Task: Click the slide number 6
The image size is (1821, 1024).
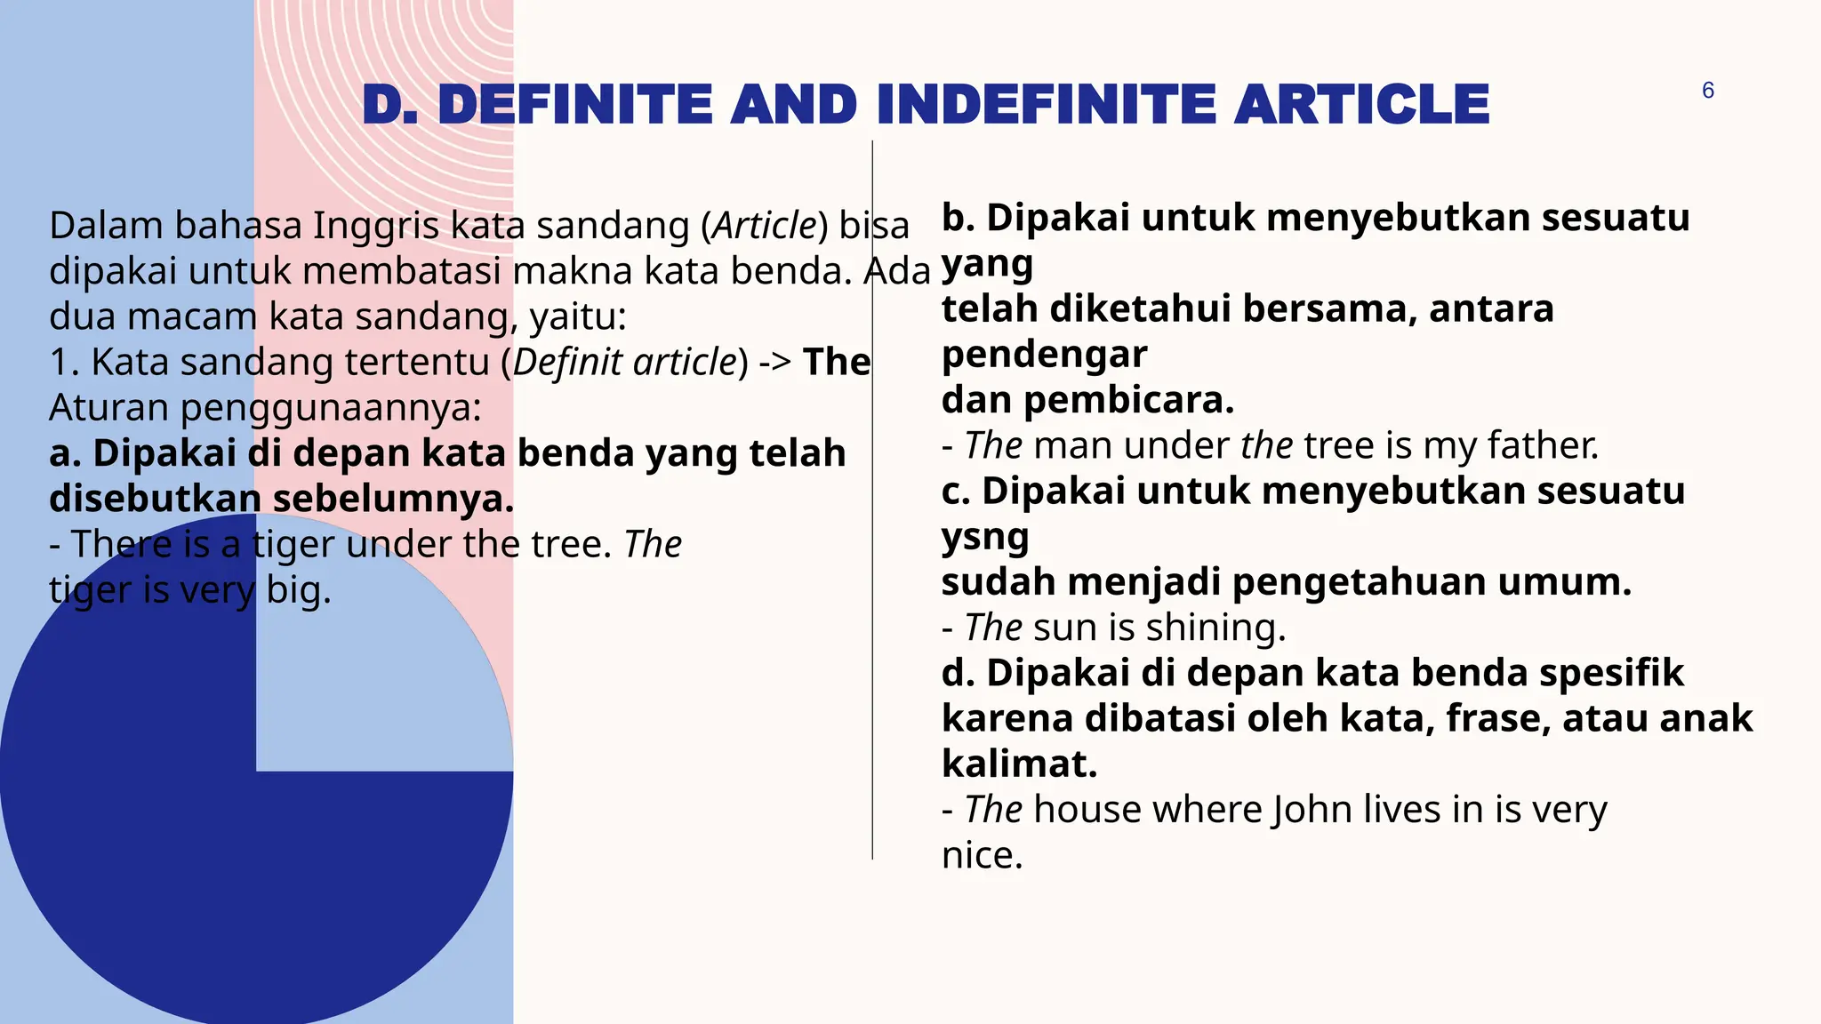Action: [x=1707, y=91]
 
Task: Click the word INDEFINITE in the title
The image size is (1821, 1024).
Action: [x=1045, y=105]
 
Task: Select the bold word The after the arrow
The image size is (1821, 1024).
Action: [x=837, y=363]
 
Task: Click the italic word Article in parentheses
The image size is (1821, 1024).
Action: [x=765, y=226]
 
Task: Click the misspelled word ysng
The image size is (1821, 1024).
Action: [x=985, y=538]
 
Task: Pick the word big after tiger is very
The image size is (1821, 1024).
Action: [x=298, y=590]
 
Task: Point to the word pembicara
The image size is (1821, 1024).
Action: [x=1128, y=400]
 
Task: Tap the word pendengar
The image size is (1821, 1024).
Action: [x=1044, y=355]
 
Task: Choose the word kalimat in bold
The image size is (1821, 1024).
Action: [x=1019, y=764]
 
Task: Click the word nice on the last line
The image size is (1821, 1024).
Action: [x=982, y=855]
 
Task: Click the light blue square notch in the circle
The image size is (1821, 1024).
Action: [x=382, y=676]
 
